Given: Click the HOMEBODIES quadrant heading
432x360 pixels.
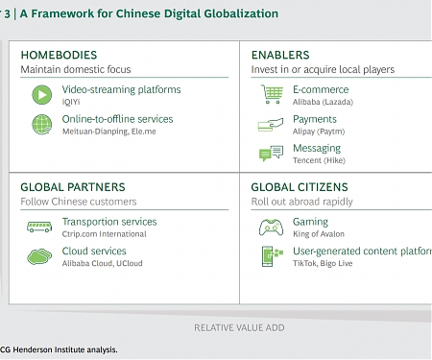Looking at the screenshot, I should click(59, 56).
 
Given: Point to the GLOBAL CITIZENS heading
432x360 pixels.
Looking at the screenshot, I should click(300, 187).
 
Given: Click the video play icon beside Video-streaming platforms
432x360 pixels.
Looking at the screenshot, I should click(42, 94).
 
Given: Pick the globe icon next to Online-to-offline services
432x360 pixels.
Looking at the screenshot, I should click(42, 124).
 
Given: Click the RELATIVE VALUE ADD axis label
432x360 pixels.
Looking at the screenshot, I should click(239, 327).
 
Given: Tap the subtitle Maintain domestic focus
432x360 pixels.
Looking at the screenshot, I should click(75, 70).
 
